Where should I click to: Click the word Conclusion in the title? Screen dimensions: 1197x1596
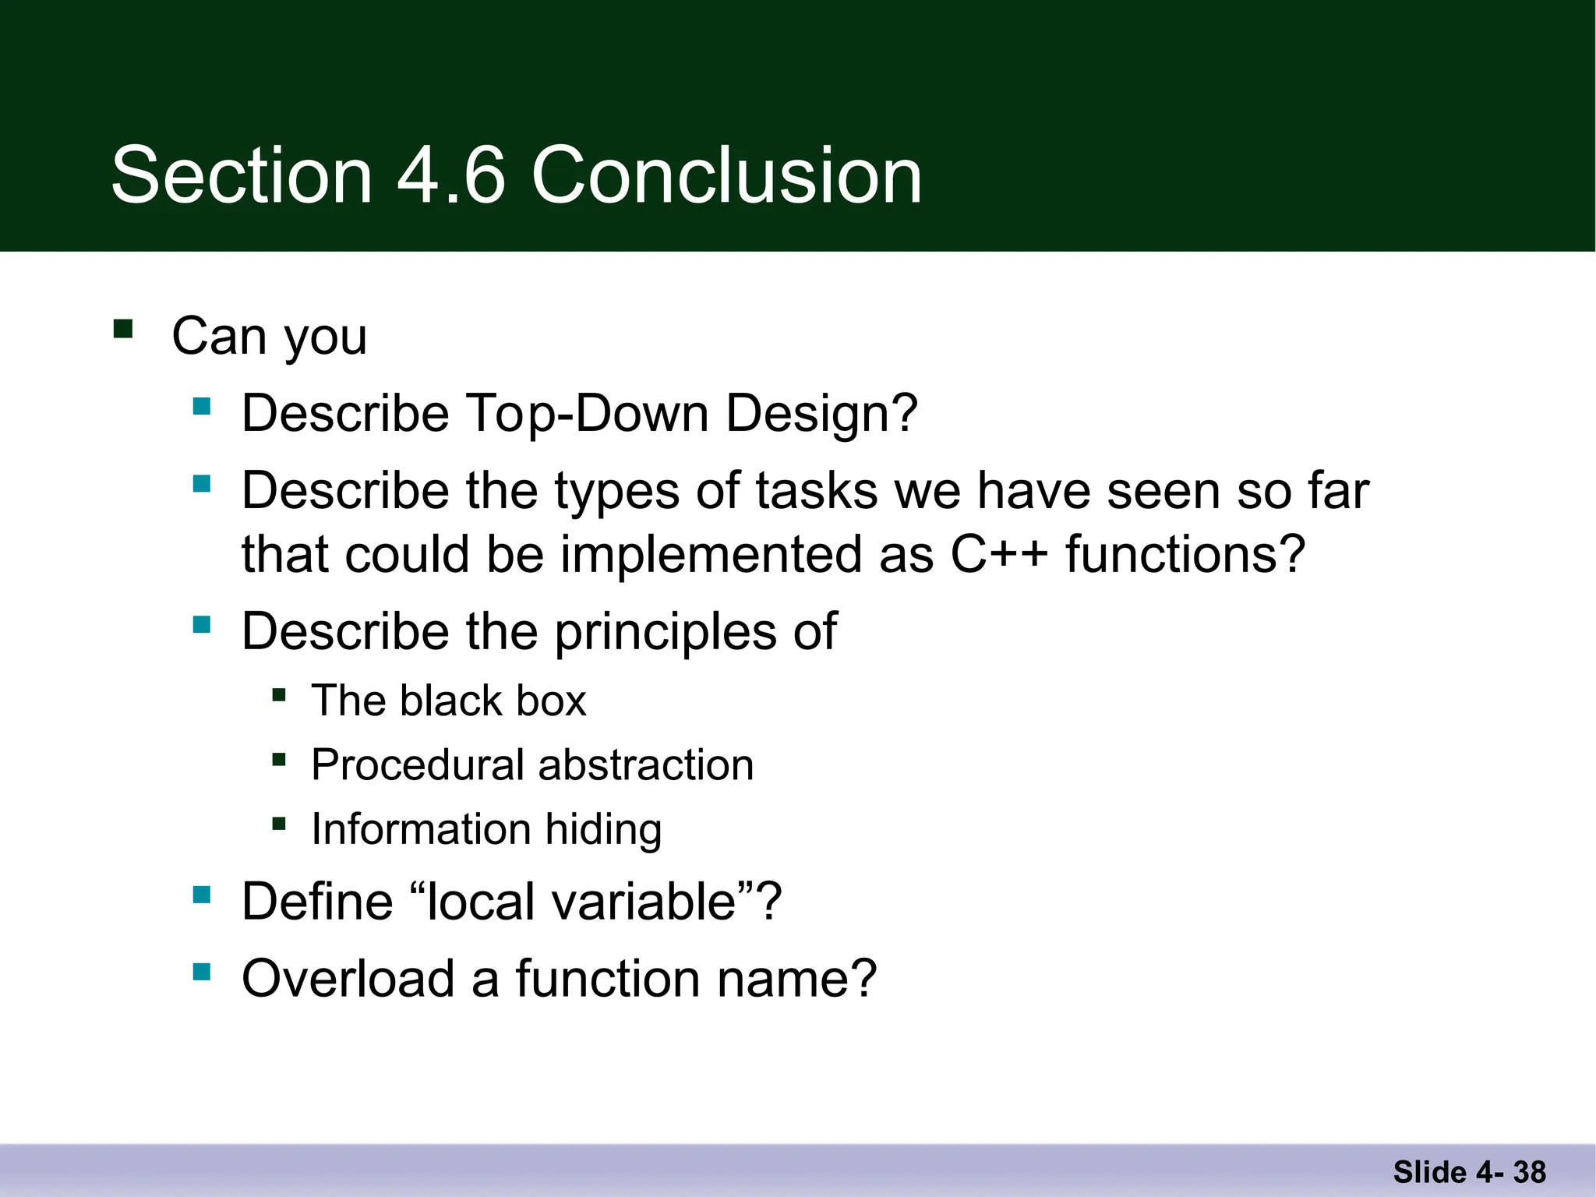[x=726, y=175]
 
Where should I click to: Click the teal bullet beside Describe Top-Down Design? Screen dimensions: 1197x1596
[x=202, y=406]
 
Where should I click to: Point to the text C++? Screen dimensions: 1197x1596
[x=999, y=554]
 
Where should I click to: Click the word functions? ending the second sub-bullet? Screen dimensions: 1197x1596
[x=1185, y=554]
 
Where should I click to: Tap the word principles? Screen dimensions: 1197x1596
[x=666, y=631]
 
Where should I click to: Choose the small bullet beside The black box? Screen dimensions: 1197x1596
[x=279, y=694]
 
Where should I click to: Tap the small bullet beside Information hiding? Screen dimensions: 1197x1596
[x=279, y=823]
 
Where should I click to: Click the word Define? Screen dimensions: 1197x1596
[x=317, y=902]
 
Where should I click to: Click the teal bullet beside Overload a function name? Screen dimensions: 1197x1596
[x=202, y=972]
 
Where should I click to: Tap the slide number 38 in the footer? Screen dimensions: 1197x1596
[x=1529, y=1172]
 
